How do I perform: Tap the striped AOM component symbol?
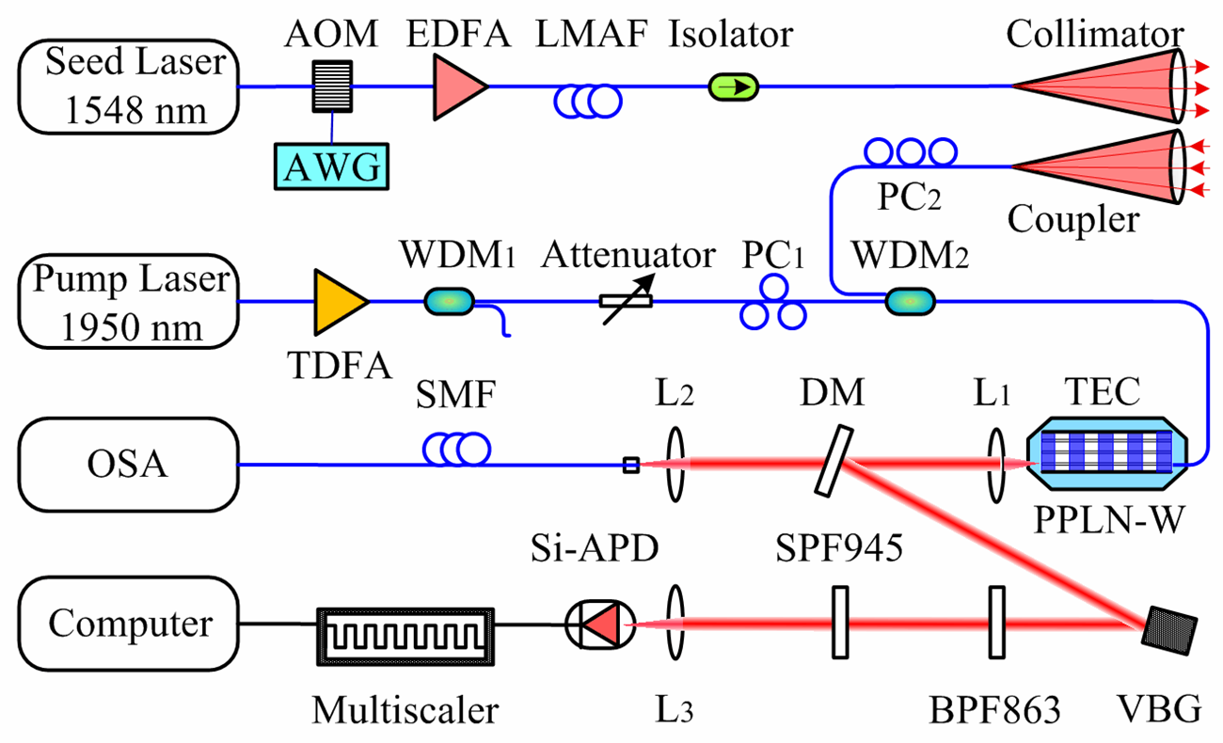[332, 87]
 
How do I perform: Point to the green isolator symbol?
[733, 87]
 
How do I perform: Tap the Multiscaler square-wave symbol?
[405, 624]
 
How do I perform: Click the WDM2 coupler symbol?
[910, 302]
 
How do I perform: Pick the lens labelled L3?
[674, 624]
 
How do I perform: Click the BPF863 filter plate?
[993, 624]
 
